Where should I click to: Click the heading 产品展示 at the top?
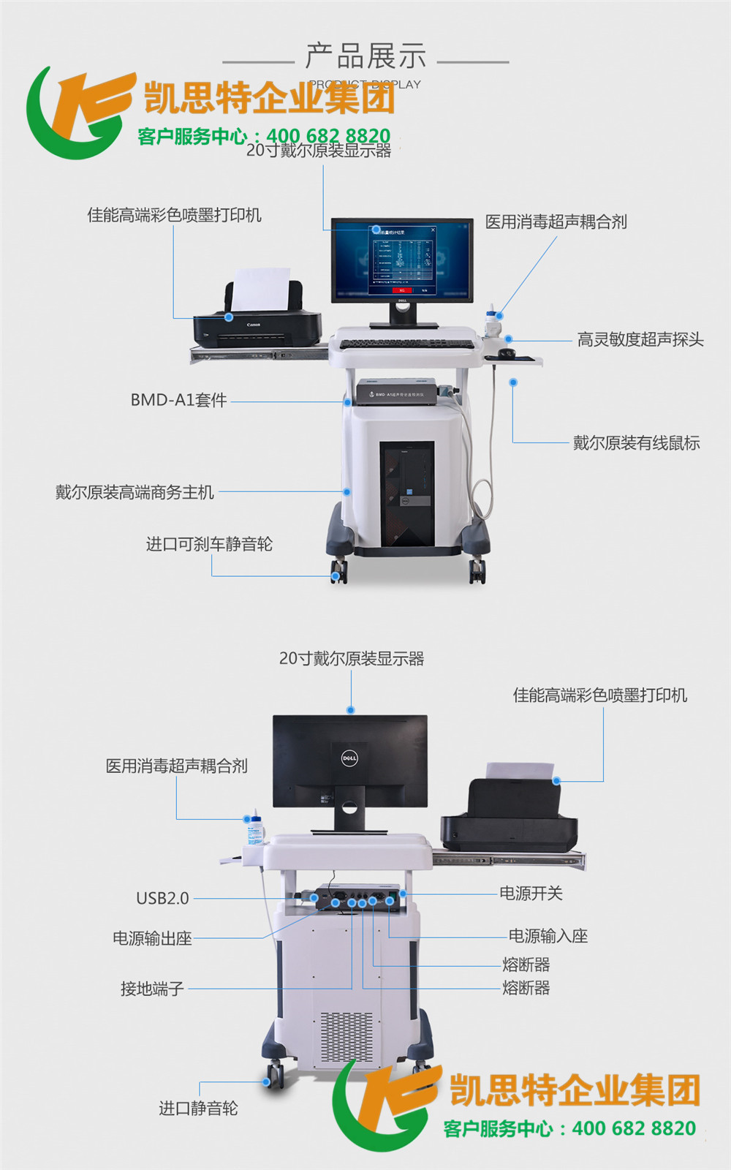coord(365,56)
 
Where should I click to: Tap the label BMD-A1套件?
coord(178,400)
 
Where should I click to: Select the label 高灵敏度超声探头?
coord(640,339)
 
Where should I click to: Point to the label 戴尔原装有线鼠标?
coord(636,442)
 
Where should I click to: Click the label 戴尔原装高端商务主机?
coord(135,492)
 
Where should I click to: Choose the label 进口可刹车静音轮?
coord(209,544)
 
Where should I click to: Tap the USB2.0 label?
coord(162,898)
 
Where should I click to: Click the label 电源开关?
coord(531,893)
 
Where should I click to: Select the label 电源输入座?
coord(548,936)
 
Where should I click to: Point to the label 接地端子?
coord(152,989)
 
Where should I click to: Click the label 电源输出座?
coord(152,938)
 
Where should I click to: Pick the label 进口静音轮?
coord(198,1109)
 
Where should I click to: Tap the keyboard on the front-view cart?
coord(406,343)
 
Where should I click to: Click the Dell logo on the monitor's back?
coord(350,758)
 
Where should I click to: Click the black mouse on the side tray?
coord(507,353)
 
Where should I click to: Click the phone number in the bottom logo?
coord(634,1128)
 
